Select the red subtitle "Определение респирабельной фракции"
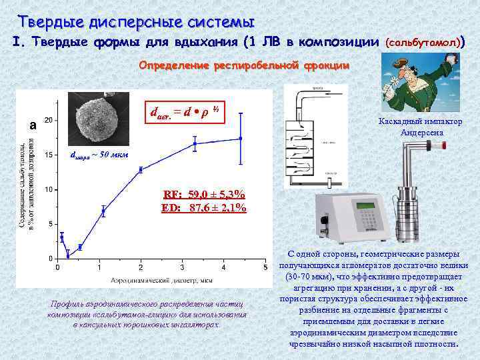click(x=243, y=67)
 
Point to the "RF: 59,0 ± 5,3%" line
click(x=204, y=195)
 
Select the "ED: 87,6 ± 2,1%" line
click(x=204, y=208)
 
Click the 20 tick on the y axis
click(x=48, y=121)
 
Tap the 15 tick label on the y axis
click(x=48, y=155)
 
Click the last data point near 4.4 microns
click(x=241, y=139)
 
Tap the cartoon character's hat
click(x=407, y=63)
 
